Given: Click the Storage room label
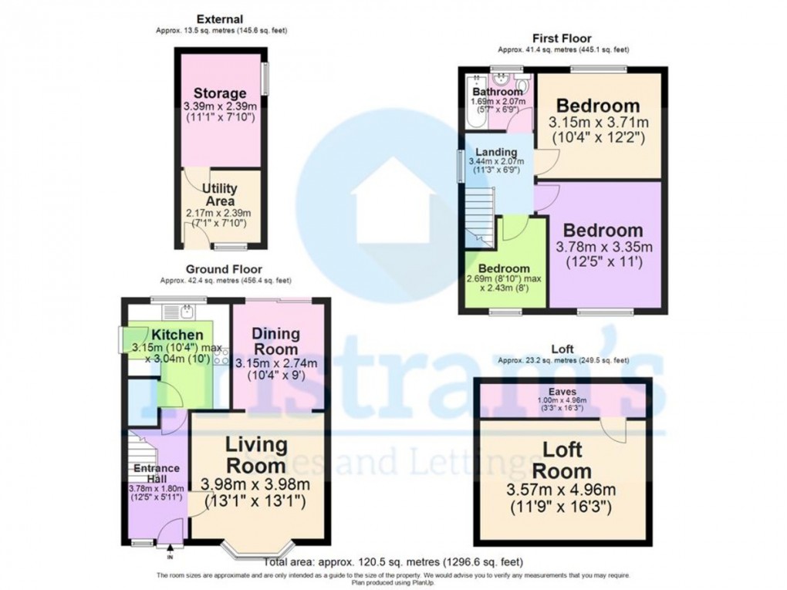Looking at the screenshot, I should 220,94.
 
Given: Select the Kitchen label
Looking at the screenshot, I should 177,335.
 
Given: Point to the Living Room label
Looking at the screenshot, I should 255,455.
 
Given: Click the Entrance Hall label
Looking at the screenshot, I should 157,473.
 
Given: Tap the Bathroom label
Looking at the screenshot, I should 498,92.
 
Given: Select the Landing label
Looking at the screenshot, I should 496,151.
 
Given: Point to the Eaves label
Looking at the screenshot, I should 562,392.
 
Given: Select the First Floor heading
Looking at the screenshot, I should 562,39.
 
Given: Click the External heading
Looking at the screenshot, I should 219,19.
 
